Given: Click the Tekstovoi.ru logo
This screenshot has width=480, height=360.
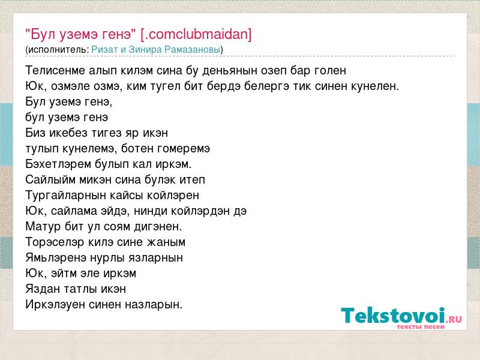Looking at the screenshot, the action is click(x=401, y=318).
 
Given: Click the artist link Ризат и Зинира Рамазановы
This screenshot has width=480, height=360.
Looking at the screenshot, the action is click(x=156, y=50).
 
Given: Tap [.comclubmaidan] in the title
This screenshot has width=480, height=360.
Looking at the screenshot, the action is click(x=196, y=34).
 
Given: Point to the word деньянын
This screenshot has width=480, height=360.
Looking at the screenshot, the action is click(x=230, y=70).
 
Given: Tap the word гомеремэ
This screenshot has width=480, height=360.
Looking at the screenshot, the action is click(x=184, y=149).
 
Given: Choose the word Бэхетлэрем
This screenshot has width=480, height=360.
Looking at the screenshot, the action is click(x=58, y=164).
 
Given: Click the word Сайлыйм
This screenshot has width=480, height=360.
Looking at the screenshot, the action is click(x=50, y=179).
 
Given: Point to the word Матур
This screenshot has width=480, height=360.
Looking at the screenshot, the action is click(x=43, y=227).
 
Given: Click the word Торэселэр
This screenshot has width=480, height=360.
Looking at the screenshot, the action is click(x=55, y=242).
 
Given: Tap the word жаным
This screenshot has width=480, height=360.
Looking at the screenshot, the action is click(x=166, y=242).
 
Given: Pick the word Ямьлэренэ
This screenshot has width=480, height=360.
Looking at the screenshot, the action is click(x=56, y=258).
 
